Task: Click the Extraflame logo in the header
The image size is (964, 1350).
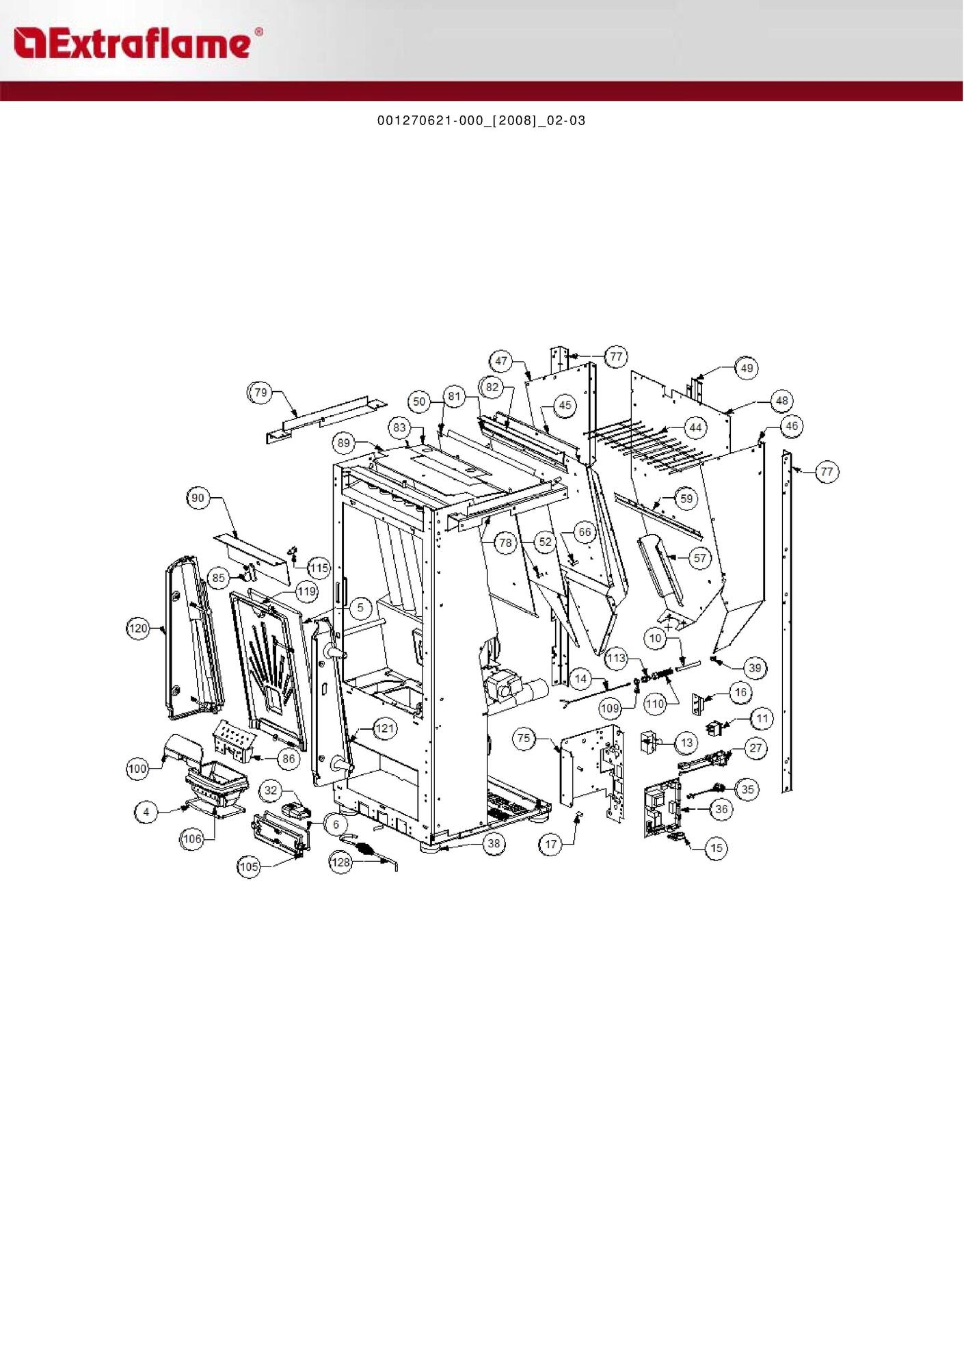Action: [x=137, y=43]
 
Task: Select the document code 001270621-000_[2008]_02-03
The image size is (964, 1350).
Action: [x=481, y=121]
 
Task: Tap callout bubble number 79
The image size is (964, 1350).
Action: [x=260, y=393]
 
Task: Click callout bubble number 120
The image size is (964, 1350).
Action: [x=138, y=628]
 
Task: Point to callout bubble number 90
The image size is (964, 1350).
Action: [x=198, y=498]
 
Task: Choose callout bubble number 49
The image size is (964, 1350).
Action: [x=747, y=368]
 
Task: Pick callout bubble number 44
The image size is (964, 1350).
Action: [x=695, y=428]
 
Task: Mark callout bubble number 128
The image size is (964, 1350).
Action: [x=340, y=862]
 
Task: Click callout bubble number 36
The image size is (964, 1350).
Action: [x=721, y=810]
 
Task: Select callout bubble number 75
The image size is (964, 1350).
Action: [x=524, y=738]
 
